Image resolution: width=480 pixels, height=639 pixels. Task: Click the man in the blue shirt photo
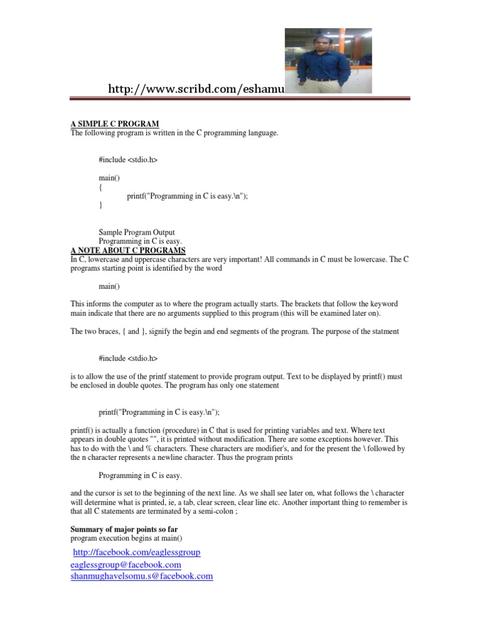[x=328, y=61]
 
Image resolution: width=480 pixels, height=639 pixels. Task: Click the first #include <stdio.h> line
[x=128, y=160]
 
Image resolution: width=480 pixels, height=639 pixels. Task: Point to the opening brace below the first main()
[x=101, y=187]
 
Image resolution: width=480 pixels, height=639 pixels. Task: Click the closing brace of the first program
[x=101, y=205]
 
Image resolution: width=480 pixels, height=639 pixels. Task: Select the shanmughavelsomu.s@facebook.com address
[x=142, y=577]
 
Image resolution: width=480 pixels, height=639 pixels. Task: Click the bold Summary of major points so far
[x=124, y=529]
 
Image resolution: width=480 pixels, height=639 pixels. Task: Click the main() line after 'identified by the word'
[x=109, y=286]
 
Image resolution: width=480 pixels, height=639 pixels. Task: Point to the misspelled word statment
[x=382, y=331]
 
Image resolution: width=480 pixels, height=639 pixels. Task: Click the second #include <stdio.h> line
[x=128, y=359]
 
